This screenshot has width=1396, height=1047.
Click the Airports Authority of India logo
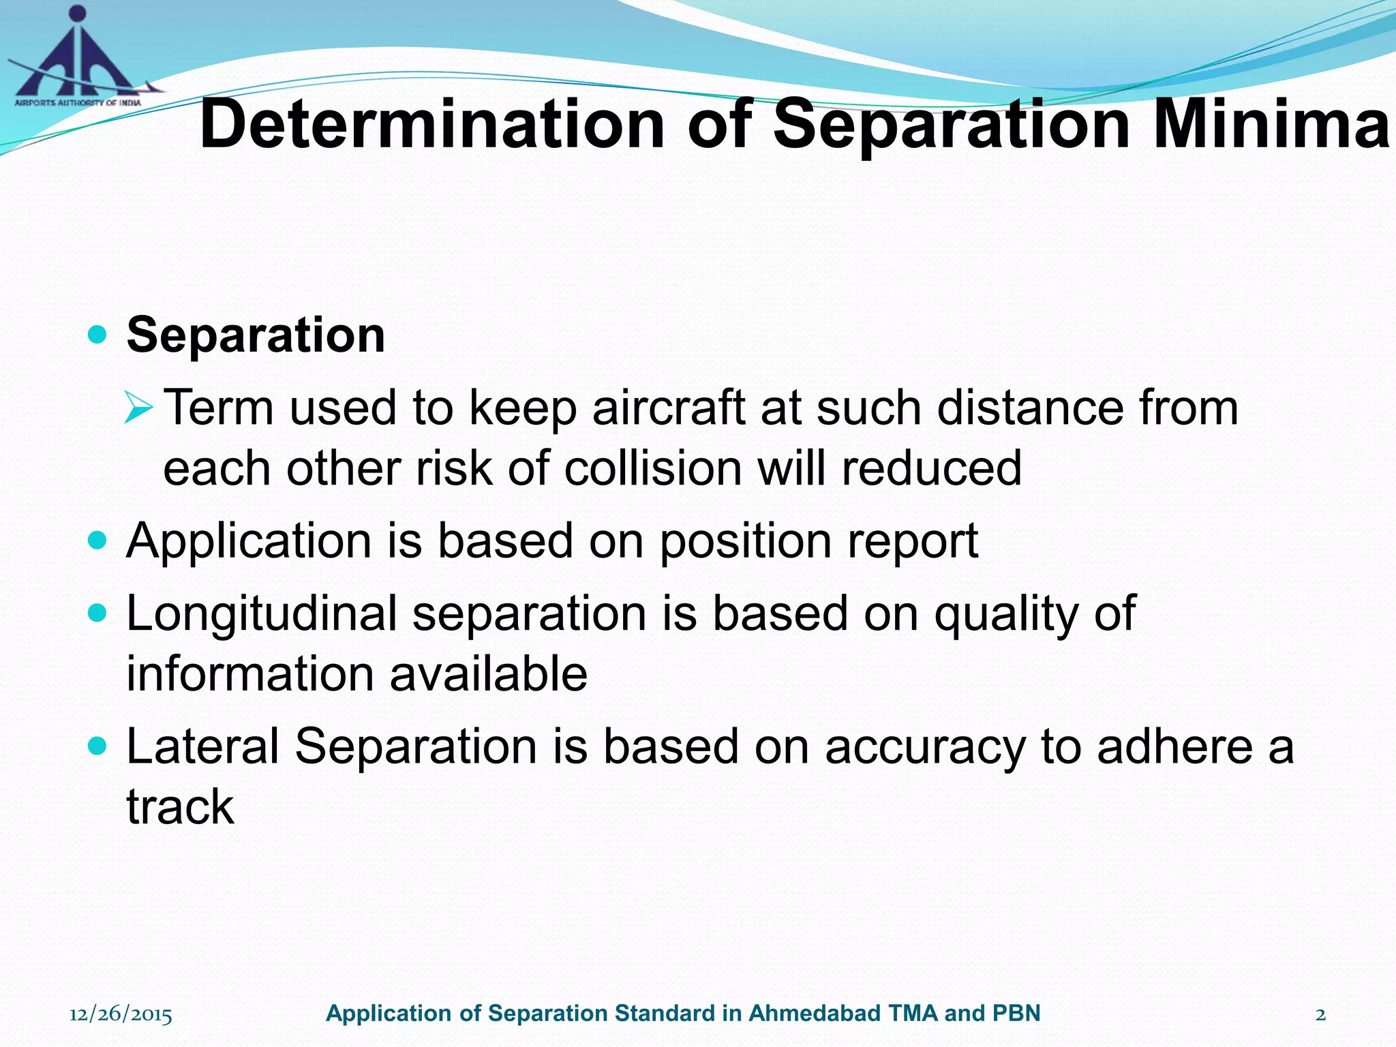click(x=78, y=58)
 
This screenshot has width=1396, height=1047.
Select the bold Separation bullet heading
click(x=256, y=335)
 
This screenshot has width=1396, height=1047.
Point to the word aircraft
click(x=668, y=408)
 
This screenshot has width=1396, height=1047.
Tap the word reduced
click(x=931, y=468)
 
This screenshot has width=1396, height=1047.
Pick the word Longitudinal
click(x=262, y=613)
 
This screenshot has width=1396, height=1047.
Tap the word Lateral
click(x=203, y=746)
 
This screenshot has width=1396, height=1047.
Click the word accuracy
click(x=925, y=747)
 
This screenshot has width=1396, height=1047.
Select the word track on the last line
click(x=181, y=806)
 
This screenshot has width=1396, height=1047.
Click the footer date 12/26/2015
click(x=121, y=1014)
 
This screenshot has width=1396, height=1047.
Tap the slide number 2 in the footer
click(x=1320, y=1014)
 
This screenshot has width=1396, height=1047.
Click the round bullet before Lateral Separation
click(x=98, y=746)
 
